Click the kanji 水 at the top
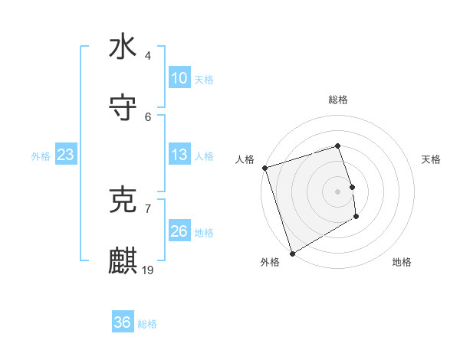click(x=123, y=47)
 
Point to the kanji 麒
click(x=123, y=260)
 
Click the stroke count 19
click(x=149, y=270)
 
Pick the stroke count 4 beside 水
click(x=148, y=56)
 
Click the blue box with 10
click(x=179, y=78)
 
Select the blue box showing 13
click(x=179, y=155)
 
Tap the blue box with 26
click(x=179, y=231)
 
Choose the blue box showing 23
click(x=66, y=155)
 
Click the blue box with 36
click(x=123, y=322)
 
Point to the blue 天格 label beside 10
click(x=204, y=79)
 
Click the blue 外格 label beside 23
click(x=41, y=155)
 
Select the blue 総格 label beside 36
click(x=147, y=323)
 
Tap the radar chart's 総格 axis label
click(x=338, y=100)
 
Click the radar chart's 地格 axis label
click(x=402, y=262)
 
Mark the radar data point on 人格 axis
click(x=264, y=168)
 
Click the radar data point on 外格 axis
click(x=292, y=253)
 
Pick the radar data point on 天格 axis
click(x=352, y=187)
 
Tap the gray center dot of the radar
click(x=338, y=191)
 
